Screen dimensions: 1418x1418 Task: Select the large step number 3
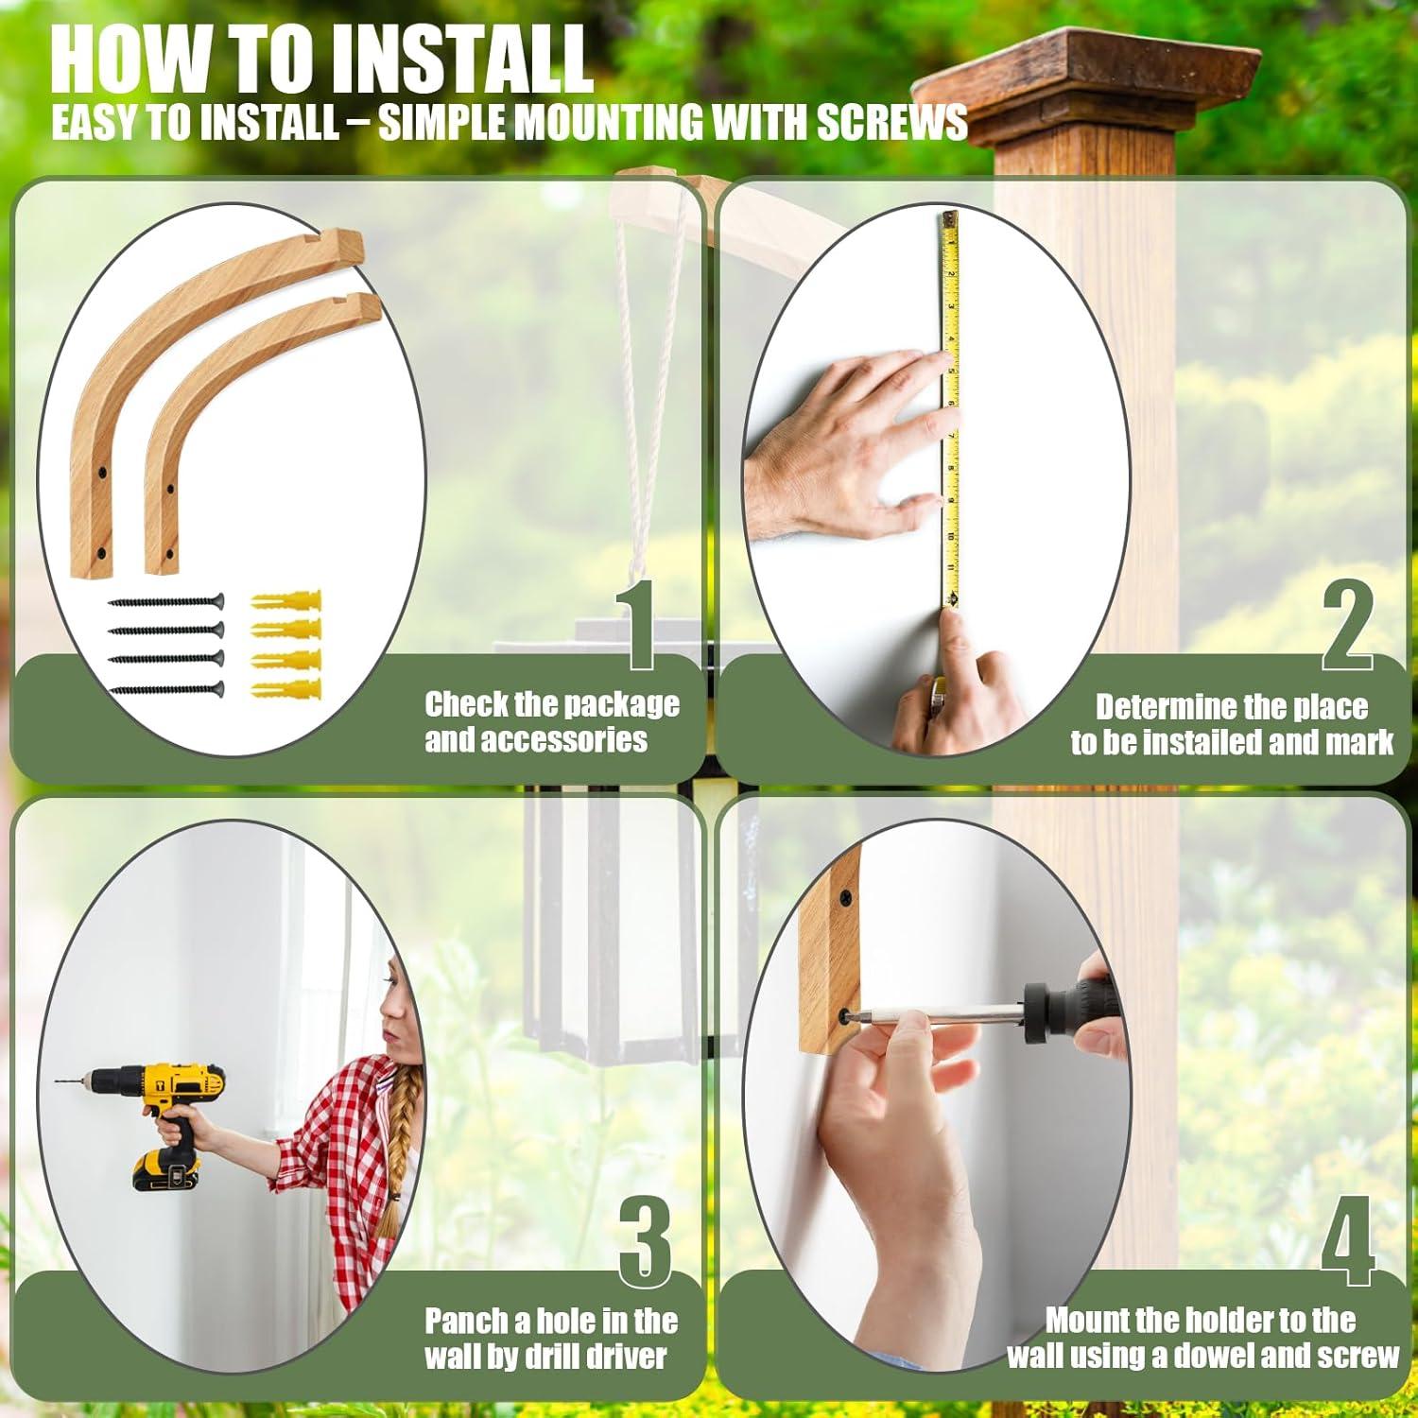point(647,1240)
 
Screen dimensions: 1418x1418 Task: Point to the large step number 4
point(1348,1240)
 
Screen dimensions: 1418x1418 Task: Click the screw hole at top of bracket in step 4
point(843,893)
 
